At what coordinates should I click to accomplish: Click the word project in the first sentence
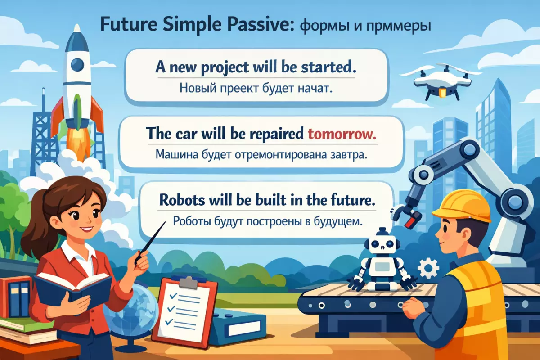[225, 67]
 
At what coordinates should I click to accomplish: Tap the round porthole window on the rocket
[77, 65]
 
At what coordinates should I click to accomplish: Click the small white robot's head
[382, 243]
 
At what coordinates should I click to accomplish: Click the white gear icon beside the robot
[428, 268]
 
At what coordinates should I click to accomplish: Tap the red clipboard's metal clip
[189, 282]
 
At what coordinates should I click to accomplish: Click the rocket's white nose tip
[77, 28]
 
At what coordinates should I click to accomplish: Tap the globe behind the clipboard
[135, 311]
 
